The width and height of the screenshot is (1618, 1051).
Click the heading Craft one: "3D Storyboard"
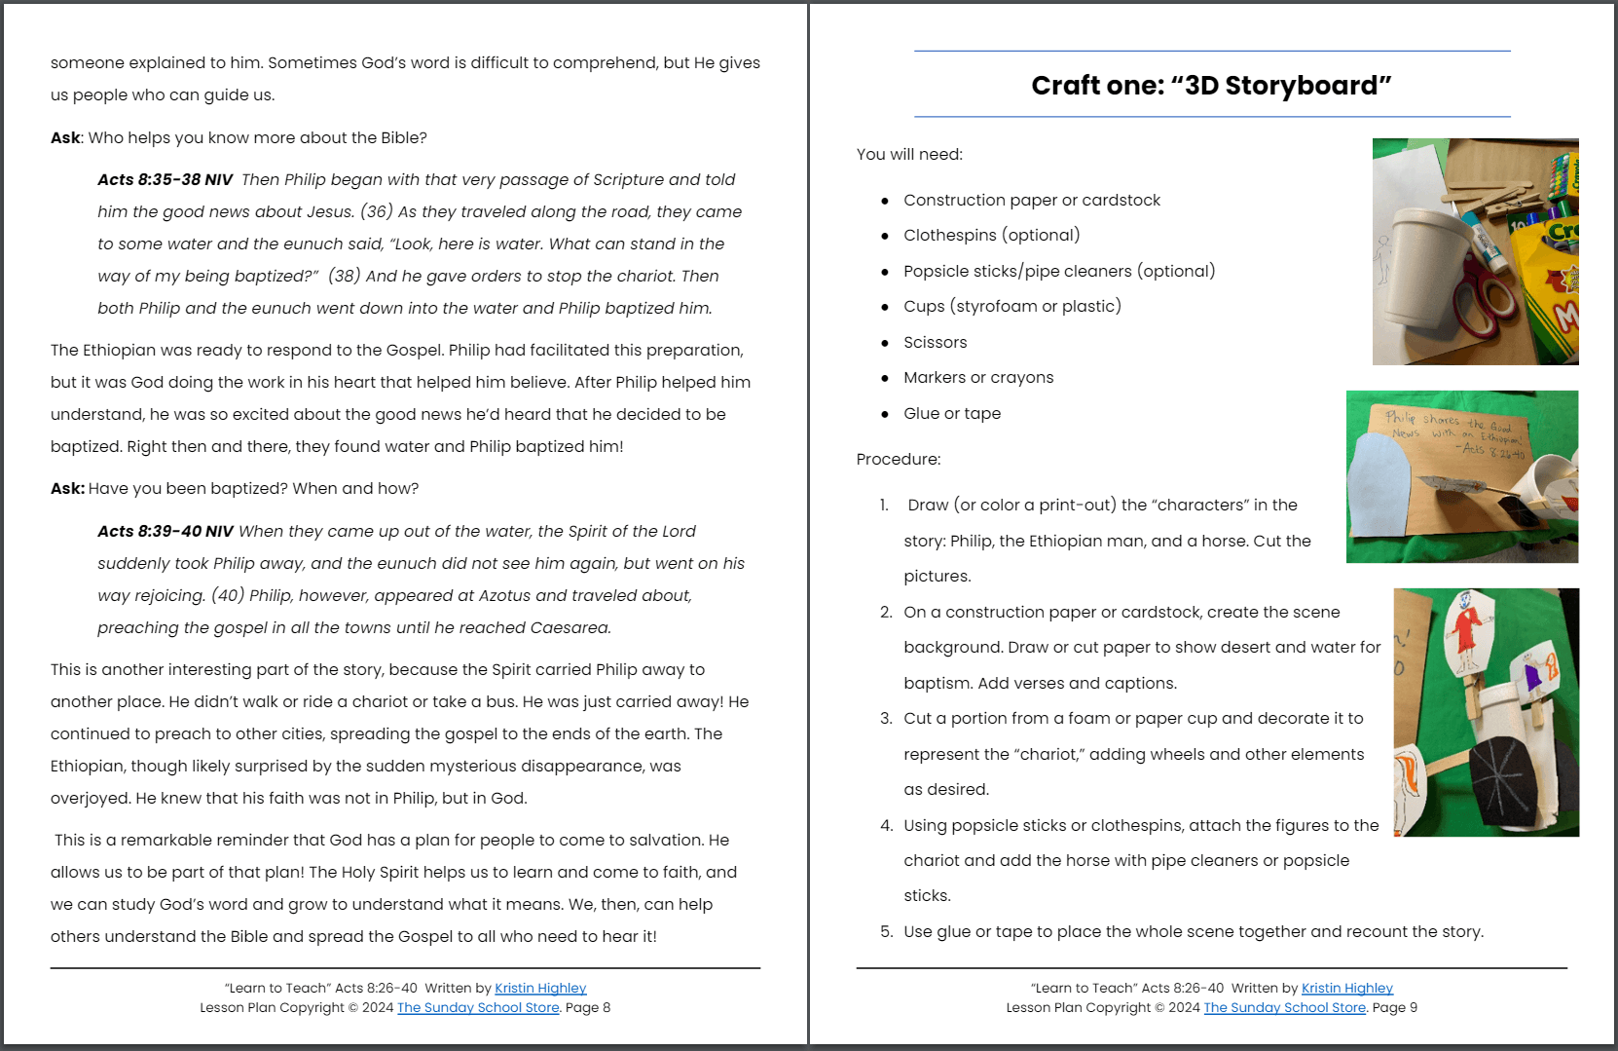pyautogui.click(x=1211, y=86)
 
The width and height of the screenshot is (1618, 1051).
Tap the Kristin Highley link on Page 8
pyautogui.click(x=540, y=988)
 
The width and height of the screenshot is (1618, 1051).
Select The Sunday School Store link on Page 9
pyautogui.click(x=1284, y=1007)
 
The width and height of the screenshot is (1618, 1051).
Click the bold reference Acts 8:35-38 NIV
pyautogui.click(x=165, y=179)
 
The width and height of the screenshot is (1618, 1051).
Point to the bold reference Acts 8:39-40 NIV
pyautogui.click(x=165, y=531)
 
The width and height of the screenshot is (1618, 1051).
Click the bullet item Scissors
pyautogui.click(x=935, y=342)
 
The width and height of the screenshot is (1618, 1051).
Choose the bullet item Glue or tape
pyautogui.click(x=951, y=413)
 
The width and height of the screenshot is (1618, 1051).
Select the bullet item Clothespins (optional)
pyautogui.click(x=991, y=235)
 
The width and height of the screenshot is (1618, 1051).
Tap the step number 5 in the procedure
pyautogui.click(x=886, y=931)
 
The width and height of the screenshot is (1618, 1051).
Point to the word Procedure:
pyautogui.click(x=898, y=459)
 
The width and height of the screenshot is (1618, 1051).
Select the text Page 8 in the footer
pyautogui.click(x=588, y=1007)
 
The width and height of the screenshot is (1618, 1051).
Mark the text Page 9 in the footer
pyautogui.click(x=1394, y=1007)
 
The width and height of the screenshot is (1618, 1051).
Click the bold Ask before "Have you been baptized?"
pyautogui.click(x=66, y=488)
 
